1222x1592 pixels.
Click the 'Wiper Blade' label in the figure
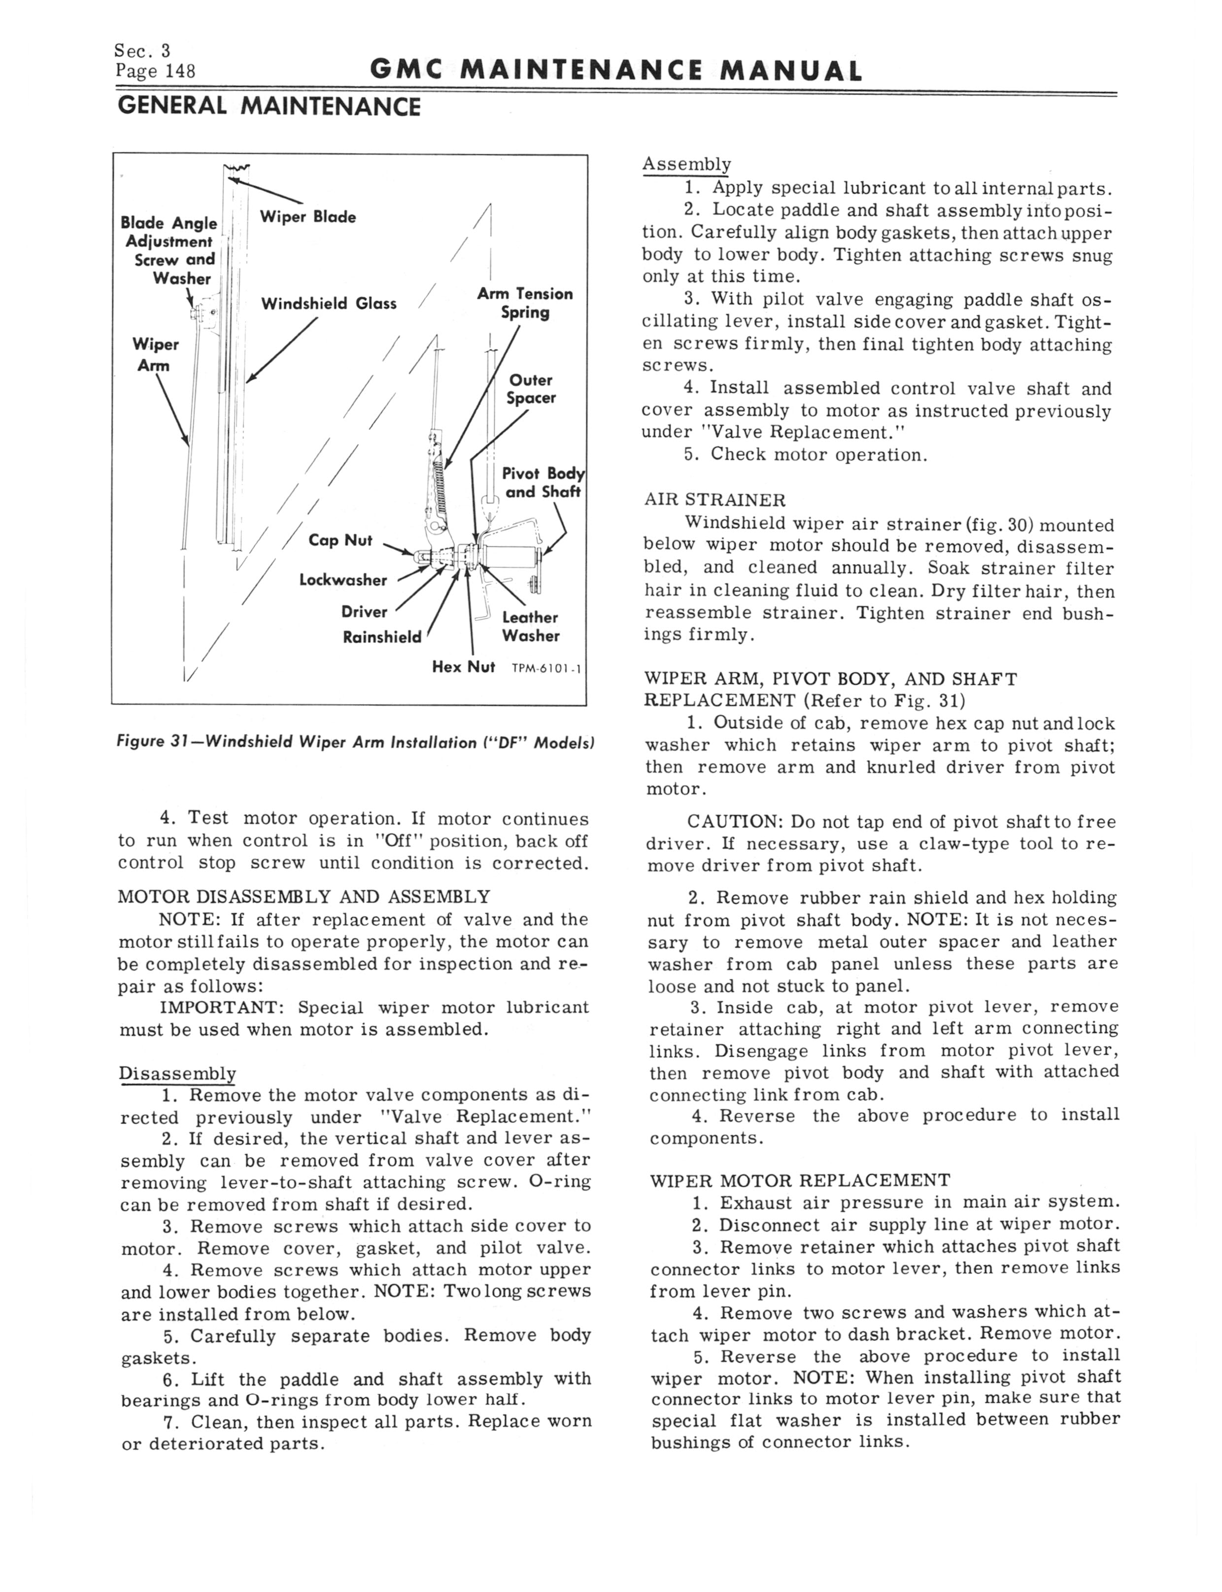pyautogui.click(x=307, y=217)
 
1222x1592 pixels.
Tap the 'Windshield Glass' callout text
pyautogui.click(x=329, y=303)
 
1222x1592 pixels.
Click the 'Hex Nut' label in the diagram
pyautogui.click(x=463, y=667)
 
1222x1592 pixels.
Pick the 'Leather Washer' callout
pyautogui.click(x=530, y=627)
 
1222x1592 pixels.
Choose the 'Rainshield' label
pyautogui.click(x=382, y=637)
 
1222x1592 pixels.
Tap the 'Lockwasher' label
pyautogui.click(x=343, y=580)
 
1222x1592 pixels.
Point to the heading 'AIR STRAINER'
pyautogui.click(x=714, y=500)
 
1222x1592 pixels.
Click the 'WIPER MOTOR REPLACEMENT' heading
pyautogui.click(x=799, y=1180)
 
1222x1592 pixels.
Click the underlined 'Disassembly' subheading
pyautogui.click(x=177, y=1074)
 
